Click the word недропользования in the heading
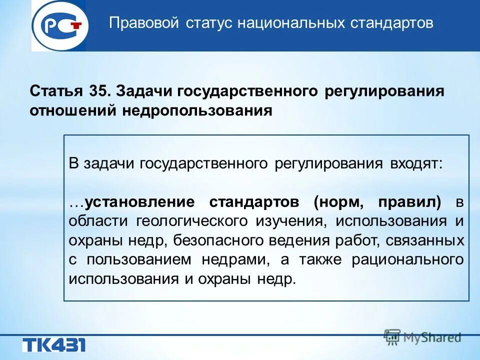pos(196,110)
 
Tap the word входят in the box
pos(420,164)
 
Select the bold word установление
pos(139,202)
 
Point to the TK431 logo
pos(53,345)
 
